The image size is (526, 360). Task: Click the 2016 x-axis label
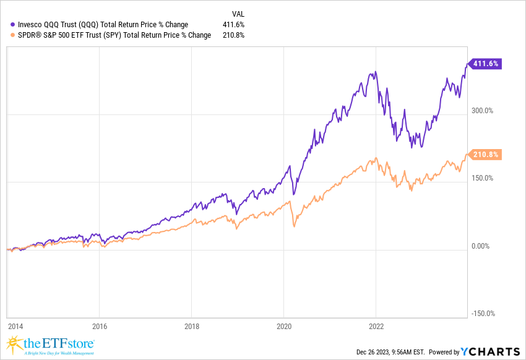[x=99, y=324]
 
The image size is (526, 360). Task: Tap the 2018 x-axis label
[x=191, y=324]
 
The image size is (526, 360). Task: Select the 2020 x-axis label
[x=283, y=324]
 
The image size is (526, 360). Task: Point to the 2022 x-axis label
[x=376, y=324]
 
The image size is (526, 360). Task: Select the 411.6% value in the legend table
[x=233, y=25]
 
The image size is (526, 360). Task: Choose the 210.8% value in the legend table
[x=233, y=35]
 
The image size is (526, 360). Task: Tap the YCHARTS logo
[x=490, y=351]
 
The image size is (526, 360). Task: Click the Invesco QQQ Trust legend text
[x=100, y=25]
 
